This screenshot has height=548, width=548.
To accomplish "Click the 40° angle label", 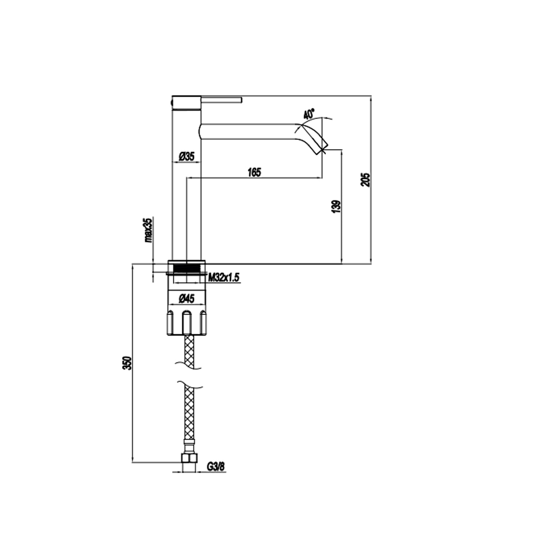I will tap(309, 114).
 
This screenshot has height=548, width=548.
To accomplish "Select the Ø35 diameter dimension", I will tap(186, 157).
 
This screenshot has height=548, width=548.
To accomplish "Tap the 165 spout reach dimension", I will tap(254, 172).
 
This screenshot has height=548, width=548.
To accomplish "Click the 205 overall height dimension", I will tap(366, 180).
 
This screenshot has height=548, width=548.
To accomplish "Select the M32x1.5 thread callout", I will tap(224, 278).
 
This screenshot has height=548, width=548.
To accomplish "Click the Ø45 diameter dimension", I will tap(186, 299).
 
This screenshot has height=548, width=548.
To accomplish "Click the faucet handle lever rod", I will tap(221, 100).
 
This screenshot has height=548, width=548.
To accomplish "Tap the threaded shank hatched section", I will tap(187, 268).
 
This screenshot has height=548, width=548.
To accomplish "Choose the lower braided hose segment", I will tap(189, 413).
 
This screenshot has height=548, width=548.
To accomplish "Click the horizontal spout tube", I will tap(248, 132).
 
